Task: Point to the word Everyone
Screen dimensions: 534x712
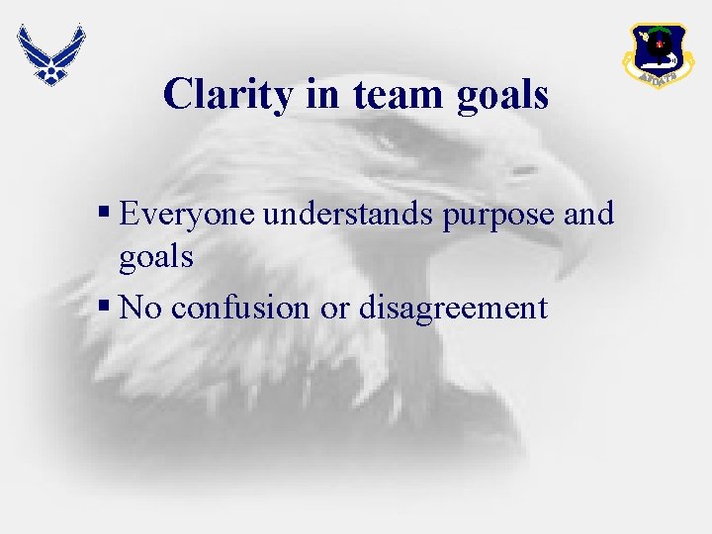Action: pos(188,214)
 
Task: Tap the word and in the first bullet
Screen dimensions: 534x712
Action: pos(588,214)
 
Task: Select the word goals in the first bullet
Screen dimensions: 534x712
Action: pos(155,259)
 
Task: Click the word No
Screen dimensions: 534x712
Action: pos(141,308)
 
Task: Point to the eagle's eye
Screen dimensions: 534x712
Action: pos(521,170)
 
